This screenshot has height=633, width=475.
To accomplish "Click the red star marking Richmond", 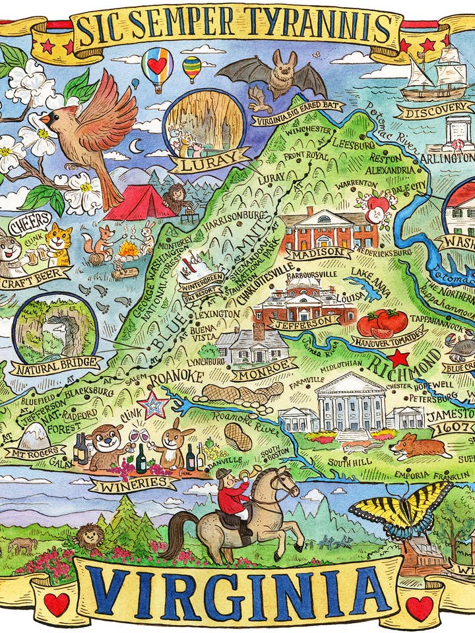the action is tap(398, 358).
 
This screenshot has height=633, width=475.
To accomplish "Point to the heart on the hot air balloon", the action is tap(156, 65).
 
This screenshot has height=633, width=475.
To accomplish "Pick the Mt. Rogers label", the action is tap(34, 452).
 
